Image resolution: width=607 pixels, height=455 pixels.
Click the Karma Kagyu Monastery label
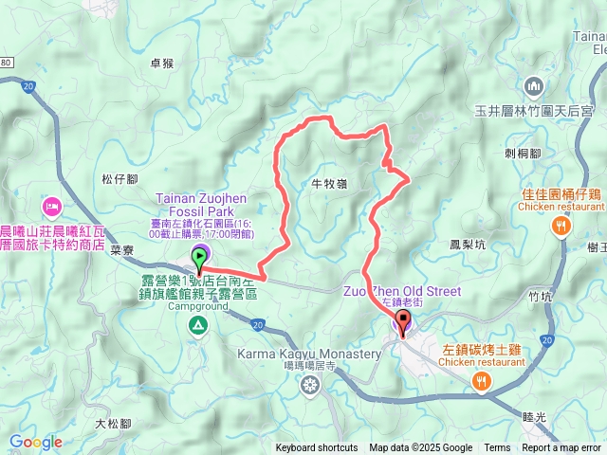tap(309, 354)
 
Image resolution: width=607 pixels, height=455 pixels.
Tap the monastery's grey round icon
tap(310, 384)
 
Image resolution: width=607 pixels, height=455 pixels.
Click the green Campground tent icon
tap(198, 326)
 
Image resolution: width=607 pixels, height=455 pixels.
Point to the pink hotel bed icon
tap(50, 205)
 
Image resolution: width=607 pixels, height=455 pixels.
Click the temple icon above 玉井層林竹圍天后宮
tap(534, 87)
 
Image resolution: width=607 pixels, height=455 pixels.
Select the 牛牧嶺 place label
tap(327, 184)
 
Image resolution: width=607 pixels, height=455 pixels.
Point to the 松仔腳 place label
tap(120, 178)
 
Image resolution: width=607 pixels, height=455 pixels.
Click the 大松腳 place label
tap(113, 424)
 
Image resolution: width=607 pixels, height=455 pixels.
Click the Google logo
tap(35, 442)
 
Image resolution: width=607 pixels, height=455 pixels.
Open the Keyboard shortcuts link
tap(317, 448)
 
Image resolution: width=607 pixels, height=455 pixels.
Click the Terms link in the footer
tap(497, 448)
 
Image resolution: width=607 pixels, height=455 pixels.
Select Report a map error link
tap(561, 448)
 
